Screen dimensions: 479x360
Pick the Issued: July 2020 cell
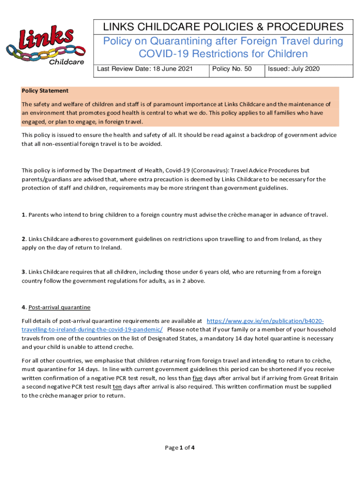(294, 69)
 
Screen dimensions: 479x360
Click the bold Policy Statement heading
(45, 91)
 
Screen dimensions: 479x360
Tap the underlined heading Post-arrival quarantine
(59, 307)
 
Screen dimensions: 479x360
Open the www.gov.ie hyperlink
(265, 321)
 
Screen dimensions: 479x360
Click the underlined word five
(198, 378)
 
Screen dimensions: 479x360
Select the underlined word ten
(117, 387)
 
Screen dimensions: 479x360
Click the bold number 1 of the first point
(23, 215)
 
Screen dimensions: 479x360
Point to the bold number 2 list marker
(23, 239)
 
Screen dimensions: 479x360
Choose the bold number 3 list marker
(23, 272)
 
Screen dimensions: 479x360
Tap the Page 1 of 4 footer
(180, 448)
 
